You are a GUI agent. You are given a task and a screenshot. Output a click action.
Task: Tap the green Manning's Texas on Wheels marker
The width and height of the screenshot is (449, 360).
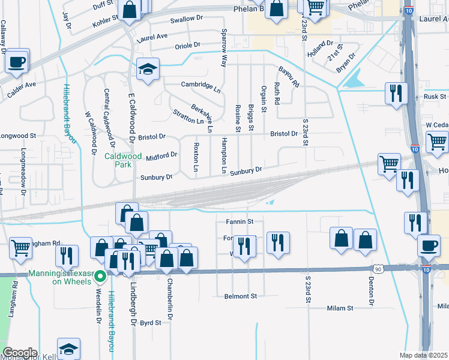coord(101,277)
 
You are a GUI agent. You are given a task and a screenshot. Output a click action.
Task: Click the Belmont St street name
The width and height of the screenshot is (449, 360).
coord(240,296)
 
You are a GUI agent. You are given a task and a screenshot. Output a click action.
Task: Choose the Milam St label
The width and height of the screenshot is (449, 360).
coord(340,308)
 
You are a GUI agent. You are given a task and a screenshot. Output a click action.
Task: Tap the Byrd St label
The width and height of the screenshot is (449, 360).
coord(150,322)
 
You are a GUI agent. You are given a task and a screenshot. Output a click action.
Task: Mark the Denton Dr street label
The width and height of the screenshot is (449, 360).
coord(372,293)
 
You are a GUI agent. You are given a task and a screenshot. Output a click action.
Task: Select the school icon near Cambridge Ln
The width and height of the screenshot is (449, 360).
coord(146,69)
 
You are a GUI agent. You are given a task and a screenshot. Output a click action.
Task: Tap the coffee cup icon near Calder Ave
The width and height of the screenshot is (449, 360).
coord(17,61)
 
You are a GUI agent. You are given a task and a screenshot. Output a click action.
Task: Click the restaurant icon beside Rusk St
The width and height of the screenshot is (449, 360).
coord(396,92)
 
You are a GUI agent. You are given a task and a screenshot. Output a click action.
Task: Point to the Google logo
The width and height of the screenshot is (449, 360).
coord(20,352)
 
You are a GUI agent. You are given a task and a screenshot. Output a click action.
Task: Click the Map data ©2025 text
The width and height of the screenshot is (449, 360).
coord(423,355)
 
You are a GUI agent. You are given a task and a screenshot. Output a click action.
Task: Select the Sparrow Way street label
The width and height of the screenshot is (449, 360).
coord(224,47)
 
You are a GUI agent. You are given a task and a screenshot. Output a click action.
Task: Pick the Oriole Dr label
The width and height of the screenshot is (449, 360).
coord(187,45)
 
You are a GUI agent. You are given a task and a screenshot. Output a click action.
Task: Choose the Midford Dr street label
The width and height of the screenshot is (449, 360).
coord(161,156)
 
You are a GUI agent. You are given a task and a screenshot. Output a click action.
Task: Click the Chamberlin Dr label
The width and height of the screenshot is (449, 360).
coord(170,298)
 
